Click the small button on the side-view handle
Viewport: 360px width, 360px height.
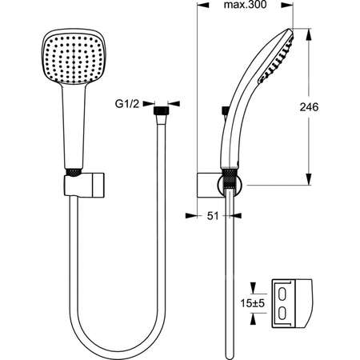227,110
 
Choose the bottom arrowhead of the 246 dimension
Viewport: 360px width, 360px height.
308,180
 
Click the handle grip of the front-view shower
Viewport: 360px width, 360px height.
70,128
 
